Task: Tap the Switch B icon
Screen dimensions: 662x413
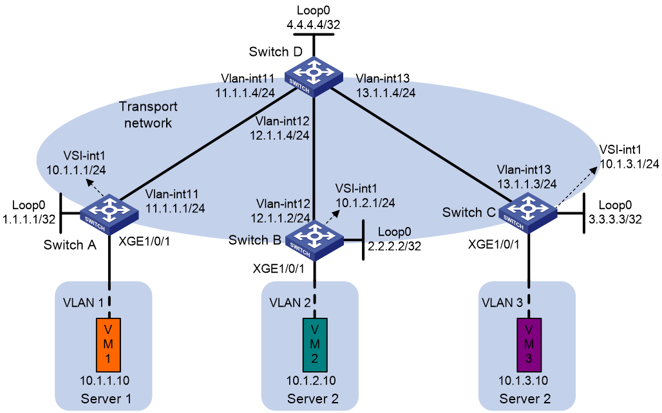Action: (314, 239)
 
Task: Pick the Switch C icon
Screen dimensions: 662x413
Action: (528, 213)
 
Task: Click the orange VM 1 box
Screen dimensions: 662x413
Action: (108, 345)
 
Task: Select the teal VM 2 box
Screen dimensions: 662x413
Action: (314, 345)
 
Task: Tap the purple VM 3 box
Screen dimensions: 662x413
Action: (529, 345)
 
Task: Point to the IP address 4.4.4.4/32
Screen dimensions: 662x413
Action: (313, 25)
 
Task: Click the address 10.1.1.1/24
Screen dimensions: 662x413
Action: (76, 170)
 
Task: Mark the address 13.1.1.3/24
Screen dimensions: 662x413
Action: (527, 184)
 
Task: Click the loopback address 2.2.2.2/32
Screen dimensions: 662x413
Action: (394, 246)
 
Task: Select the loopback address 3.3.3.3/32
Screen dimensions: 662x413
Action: (615, 219)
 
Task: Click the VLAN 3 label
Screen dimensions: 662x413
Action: (502, 302)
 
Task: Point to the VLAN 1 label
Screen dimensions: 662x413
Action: (83, 302)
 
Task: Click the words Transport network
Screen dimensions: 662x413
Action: (147, 115)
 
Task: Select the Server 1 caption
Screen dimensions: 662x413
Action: (106, 399)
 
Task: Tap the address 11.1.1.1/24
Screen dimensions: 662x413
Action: (175, 208)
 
